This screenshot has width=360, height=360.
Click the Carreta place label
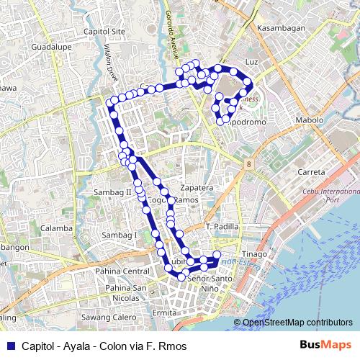coord(312,173)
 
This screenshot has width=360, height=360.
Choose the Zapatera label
coord(197,187)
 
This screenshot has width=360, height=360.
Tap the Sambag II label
coord(113,192)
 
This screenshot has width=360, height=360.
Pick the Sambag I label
coord(119,235)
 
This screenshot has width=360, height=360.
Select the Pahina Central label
coord(125,271)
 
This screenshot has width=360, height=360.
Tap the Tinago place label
coord(253,254)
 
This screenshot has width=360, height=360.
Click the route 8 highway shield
coord(248,165)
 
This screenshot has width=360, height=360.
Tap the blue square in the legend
coord(9,346)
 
